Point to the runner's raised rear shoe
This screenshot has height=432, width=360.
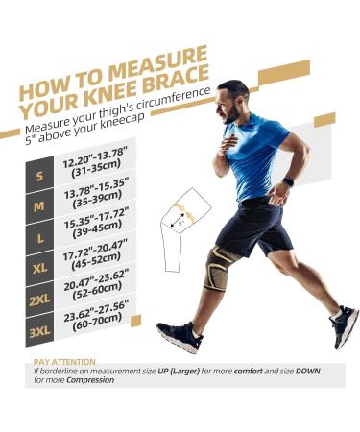[x=345, y=325]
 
